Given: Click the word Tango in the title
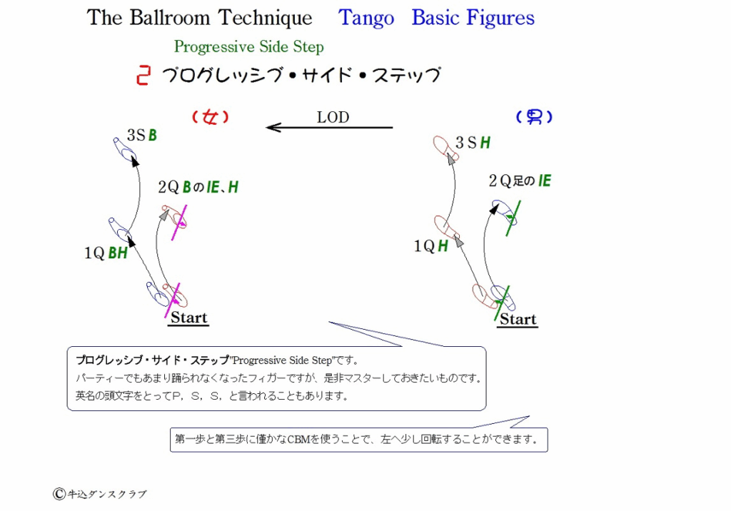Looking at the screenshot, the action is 366,19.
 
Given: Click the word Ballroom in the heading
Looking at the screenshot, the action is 170,17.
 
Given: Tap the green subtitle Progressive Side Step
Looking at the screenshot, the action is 249,47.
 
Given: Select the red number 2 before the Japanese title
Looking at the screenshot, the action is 143,76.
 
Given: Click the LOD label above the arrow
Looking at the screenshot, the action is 333,117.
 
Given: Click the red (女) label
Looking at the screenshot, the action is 211,116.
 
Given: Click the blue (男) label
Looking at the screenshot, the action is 534,116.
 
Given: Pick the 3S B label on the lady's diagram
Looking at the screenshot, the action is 142,135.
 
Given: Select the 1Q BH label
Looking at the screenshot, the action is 106,253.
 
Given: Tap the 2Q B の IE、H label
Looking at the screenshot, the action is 198,187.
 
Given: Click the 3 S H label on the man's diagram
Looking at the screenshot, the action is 473,143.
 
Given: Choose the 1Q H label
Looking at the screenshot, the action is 430,246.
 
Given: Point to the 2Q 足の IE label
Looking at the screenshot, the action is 520,181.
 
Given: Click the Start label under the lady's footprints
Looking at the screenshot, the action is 188,318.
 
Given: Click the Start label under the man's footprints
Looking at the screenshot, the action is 518,320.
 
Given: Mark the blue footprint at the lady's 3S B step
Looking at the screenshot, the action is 124,149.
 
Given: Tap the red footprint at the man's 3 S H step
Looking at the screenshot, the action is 445,148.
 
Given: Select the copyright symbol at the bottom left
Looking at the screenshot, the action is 59,494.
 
